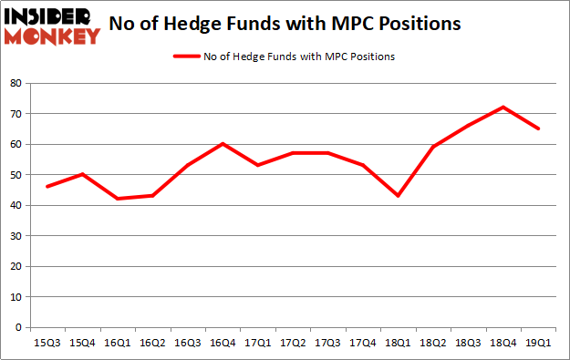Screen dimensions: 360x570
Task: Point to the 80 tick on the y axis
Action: tap(16, 83)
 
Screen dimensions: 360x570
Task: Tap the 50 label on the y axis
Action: tap(16, 175)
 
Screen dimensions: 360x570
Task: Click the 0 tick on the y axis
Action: tap(18, 327)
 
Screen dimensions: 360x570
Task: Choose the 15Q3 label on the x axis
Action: tap(47, 343)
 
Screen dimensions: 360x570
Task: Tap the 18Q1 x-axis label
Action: tap(397, 343)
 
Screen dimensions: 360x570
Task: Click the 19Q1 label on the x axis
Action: tap(537, 343)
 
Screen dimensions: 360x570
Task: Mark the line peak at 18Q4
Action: tap(503, 108)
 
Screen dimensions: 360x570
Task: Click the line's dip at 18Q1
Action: tap(397, 196)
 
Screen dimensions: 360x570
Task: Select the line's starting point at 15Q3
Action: tap(47, 187)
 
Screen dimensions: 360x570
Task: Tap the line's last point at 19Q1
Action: tap(537, 129)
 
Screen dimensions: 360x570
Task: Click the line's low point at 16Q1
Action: tap(117, 199)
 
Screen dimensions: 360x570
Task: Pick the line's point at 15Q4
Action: tap(82, 174)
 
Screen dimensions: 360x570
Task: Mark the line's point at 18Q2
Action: tap(432, 147)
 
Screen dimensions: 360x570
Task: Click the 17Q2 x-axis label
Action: tap(292, 343)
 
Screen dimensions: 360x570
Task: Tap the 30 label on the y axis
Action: tap(16, 236)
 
